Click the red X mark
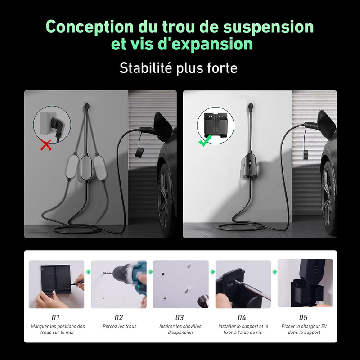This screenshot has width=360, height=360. click(46, 145)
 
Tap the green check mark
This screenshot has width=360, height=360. click(205, 140)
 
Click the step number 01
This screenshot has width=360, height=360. click(55, 318)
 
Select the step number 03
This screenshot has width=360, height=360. click(180, 318)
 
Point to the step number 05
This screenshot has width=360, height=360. click(303, 318)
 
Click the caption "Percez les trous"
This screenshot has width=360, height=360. click(120, 326)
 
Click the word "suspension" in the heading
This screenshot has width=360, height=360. click(268, 27)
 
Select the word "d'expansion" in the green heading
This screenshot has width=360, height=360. click(205, 44)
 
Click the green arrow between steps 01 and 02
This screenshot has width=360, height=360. click(88, 272)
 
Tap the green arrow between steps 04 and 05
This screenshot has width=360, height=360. click(274, 272)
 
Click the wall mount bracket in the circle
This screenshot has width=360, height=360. click(216, 126)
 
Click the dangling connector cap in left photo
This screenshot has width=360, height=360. click(139, 153)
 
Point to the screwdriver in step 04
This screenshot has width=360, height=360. click(252, 290)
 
